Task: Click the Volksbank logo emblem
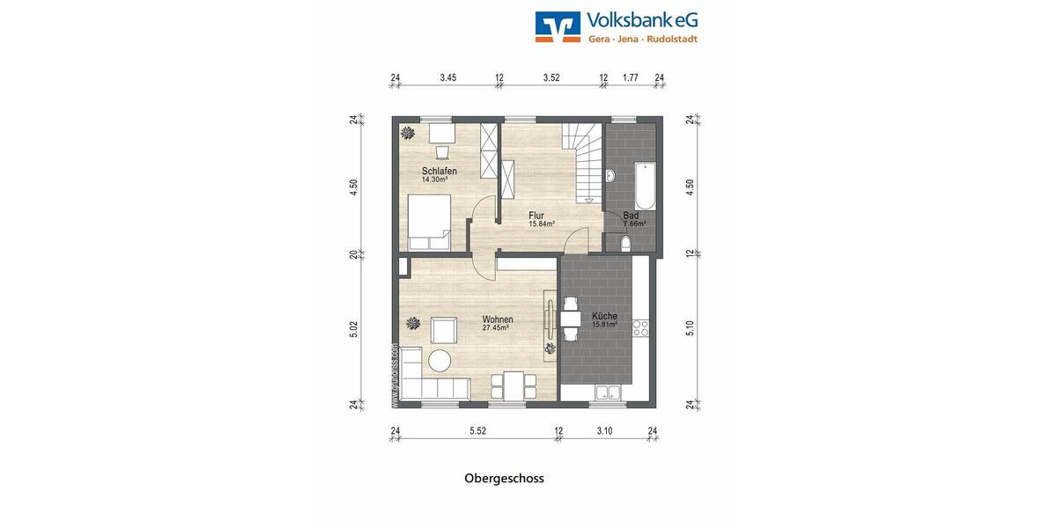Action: pos(558,27)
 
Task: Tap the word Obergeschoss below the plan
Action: pos(504,479)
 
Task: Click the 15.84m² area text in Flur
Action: pos(541,224)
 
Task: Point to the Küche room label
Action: pos(604,316)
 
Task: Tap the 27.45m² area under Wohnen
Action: pos(497,328)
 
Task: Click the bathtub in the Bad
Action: pos(642,183)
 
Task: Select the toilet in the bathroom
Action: pos(625,243)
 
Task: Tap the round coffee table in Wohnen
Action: pos(439,359)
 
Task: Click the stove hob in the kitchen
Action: pos(640,328)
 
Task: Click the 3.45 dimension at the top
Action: pos(447,77)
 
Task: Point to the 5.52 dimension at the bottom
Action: pos(477,430)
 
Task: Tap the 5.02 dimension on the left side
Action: pos(353,328)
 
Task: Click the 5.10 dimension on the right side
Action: pos(691,328)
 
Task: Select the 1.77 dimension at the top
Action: pos(630,77)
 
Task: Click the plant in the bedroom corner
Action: pos(407,133)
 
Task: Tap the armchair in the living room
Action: pos(443,331)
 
